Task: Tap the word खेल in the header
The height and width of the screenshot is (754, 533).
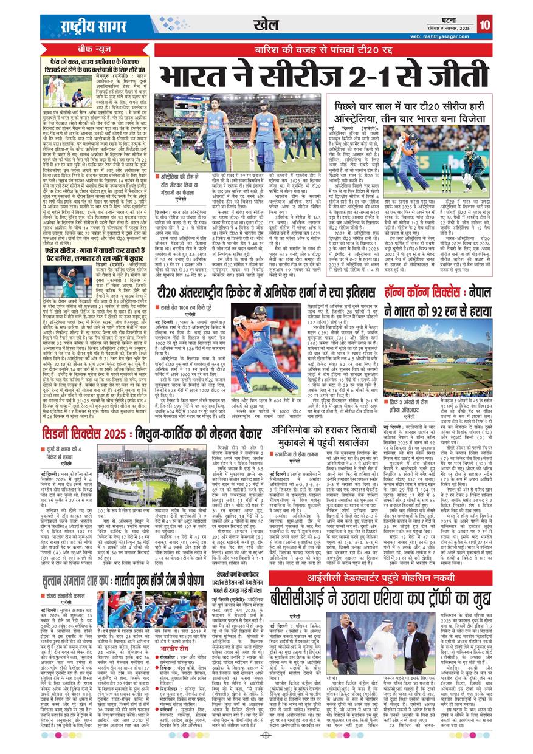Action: [267, 24]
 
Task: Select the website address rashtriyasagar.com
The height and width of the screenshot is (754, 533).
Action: [442, 36]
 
